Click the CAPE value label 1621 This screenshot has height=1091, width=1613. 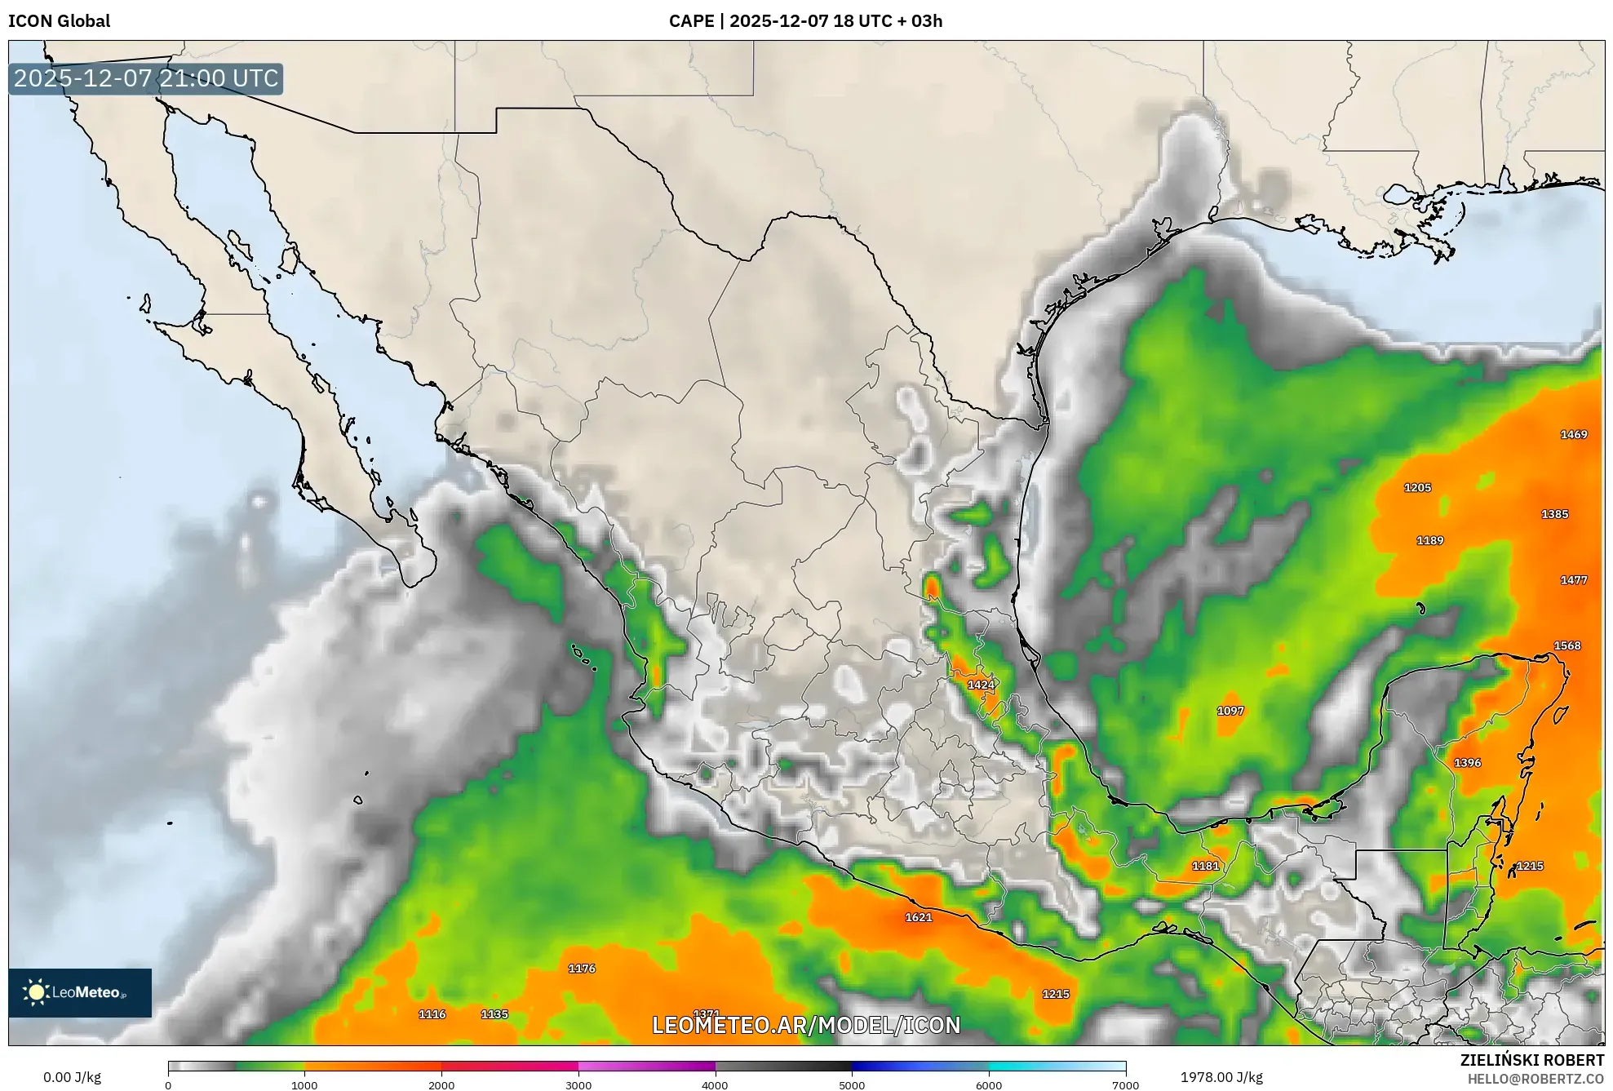pos(918,917)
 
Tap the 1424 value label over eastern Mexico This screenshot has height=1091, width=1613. pos(981,685)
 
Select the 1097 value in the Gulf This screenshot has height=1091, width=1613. pos(1230,711)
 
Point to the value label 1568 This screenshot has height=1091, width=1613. pos(1566,645)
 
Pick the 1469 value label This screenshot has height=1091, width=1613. pos(1573,434)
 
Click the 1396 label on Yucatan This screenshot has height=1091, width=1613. pos(1467,763)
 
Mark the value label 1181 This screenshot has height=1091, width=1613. pos(1205,866)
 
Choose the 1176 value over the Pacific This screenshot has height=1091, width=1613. pos(582,969)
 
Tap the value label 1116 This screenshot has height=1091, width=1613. pos(432,1014)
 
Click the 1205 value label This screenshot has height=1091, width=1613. pos(1417,488)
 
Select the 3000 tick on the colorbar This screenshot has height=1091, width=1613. pos(578,1084)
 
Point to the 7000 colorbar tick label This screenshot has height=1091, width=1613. pos(1125,1084)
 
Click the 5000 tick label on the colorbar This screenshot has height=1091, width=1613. pos(852,1084)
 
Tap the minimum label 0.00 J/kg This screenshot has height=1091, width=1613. pos(72,1077)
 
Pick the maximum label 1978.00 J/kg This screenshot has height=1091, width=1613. pos(1221,1077)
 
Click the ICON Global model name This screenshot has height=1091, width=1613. pos(59,21)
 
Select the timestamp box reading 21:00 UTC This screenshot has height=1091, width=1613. pos(146,78)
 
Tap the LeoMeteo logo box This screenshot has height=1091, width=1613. pos(80,992)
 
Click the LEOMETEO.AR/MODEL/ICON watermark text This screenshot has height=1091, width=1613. pos(806,1025)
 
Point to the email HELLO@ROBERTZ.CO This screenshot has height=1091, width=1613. pos(1535,1079)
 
